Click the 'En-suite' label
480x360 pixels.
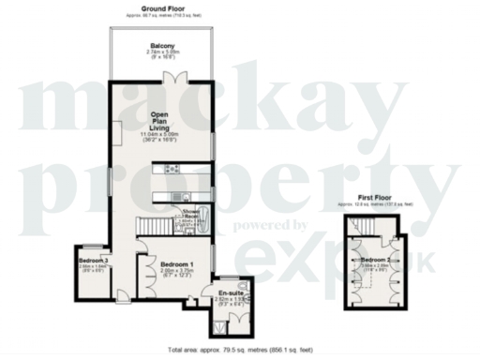[x=229, y=293]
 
